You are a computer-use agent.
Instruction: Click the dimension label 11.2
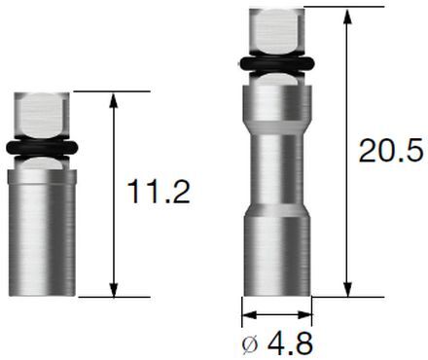coord(159,192)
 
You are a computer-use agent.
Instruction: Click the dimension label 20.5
coord(388,151)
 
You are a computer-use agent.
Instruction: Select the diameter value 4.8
coord(287,342)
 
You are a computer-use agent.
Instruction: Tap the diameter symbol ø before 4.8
coord(251,343)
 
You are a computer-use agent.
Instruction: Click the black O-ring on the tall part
coord(276,65)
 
